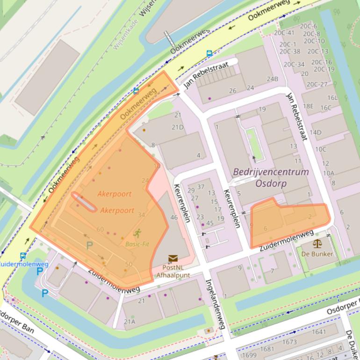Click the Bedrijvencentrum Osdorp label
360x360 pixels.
pos(271,177)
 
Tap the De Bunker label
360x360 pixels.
pos(317,254)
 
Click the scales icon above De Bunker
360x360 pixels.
pos(317,243)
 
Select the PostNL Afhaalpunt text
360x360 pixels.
pos(173,271)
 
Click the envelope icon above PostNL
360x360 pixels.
pos(173,258)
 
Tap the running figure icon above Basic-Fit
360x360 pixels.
pos(137,233)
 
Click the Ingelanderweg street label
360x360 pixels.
pos(218,304)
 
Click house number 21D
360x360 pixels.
pos(178,128)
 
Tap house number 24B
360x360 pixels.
pos(272,79)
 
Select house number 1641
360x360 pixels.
pos(318,332)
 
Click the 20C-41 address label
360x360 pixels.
pos(284,33)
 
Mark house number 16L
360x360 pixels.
pos(332,98)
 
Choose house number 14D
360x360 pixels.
pos(315,132)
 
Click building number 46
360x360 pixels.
pos(174,217)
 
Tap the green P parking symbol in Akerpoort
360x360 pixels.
pos(89,245)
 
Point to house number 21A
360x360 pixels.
pos(130,322)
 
